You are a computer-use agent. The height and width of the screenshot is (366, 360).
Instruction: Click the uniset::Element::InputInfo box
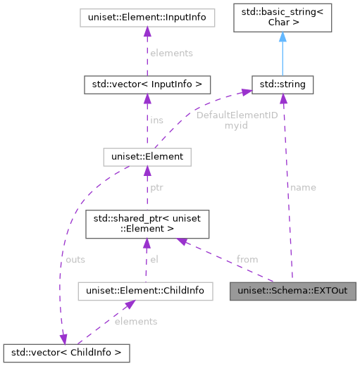(147, 16)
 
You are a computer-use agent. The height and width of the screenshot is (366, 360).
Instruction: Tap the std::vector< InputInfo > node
(147, 84)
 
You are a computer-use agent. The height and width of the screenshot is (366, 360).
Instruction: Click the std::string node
(283, 84)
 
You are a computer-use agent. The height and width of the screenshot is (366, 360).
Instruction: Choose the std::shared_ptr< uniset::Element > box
(147, 225)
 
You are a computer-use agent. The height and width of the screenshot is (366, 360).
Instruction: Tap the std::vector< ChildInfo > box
(66, 351)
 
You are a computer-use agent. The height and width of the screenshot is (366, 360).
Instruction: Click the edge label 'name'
(303, 187)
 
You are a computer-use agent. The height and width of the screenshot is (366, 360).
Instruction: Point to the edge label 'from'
(247, 259)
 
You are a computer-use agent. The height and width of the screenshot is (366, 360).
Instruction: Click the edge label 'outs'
(75, 259)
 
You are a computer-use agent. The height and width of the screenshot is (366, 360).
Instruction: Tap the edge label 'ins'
(156, 120)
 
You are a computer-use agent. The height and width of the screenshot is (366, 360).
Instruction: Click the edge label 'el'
(154, 259)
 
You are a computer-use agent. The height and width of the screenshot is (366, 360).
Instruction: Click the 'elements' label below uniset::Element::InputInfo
(172, 52)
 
